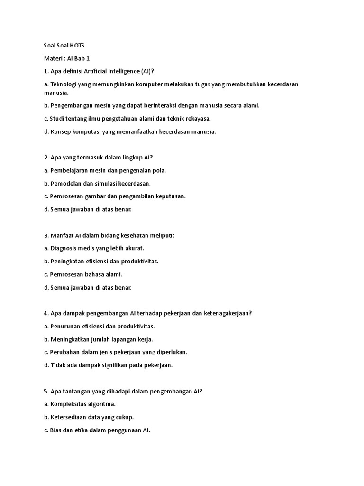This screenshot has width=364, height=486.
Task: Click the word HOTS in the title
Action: [x=76, y=45]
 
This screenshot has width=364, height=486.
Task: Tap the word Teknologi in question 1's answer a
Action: [x=66, y=84]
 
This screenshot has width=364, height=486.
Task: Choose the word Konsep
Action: [x=61, y=131]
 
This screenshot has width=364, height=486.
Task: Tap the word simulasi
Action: [x=111, y=183]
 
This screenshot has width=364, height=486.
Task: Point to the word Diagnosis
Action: [x=65, y=248]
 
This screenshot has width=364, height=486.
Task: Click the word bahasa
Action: [x=97, y=274]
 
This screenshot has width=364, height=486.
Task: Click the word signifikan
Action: [x=120, y=365]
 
